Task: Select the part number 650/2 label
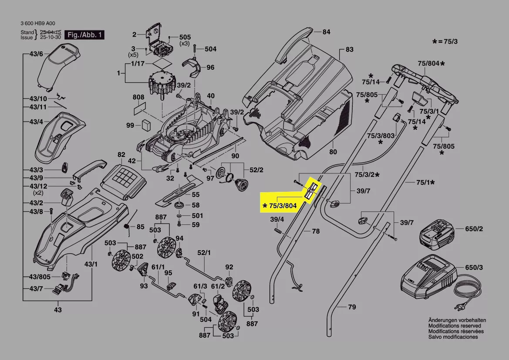click(474, 229)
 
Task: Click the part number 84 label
click(326, 32)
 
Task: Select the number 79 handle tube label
click(352, 307)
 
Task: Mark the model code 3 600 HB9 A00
click(38, 24)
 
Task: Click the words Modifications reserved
click(455, 326)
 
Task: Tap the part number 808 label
click(138, 97)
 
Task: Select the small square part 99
click(145, 125)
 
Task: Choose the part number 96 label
click(210, 68)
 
